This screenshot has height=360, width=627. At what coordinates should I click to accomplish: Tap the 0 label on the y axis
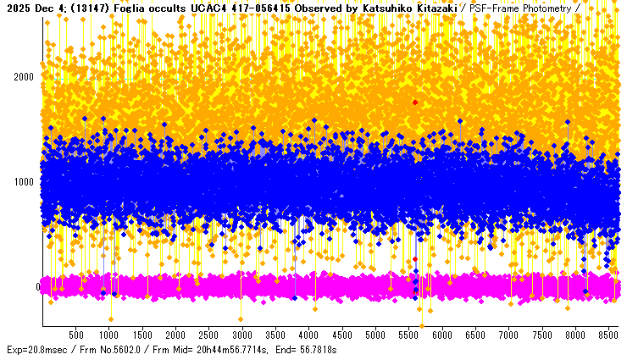pyautogui.click(x=38, y=286)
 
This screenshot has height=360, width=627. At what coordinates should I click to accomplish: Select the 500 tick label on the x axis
pyautogui.click(x=75, y=335)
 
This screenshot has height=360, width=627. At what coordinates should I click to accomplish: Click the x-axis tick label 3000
pyautogui.click(x=242, y=335)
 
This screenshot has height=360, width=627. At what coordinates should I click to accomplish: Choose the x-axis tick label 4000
pyautogui.click(x=309, y=335)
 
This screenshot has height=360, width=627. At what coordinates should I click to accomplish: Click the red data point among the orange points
pyautogui.click(x=415, y=102)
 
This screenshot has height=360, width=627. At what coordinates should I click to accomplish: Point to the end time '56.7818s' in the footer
pyautogui.click(x=319, y=350)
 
